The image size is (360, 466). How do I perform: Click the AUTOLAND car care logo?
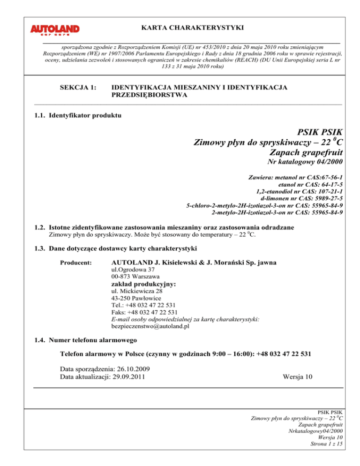[x=55, y=30]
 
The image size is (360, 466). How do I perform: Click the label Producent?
[x=75, y=263]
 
